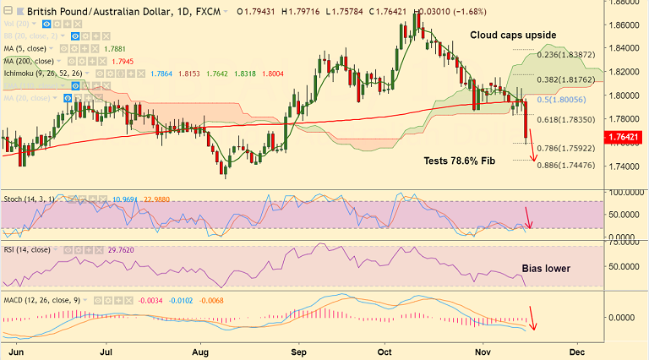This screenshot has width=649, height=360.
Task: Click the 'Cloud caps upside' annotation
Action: coord(513,35)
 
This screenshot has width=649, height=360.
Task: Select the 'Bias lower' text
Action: coord(545,269)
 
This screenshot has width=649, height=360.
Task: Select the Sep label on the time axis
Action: coord(297,349)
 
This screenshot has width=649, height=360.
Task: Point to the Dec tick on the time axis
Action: coord(578,349)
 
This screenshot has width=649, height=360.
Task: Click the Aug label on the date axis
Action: coord(200,349)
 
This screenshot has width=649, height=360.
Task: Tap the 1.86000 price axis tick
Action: coord(625,25)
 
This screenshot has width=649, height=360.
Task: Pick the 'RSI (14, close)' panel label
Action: coord(29,249)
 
